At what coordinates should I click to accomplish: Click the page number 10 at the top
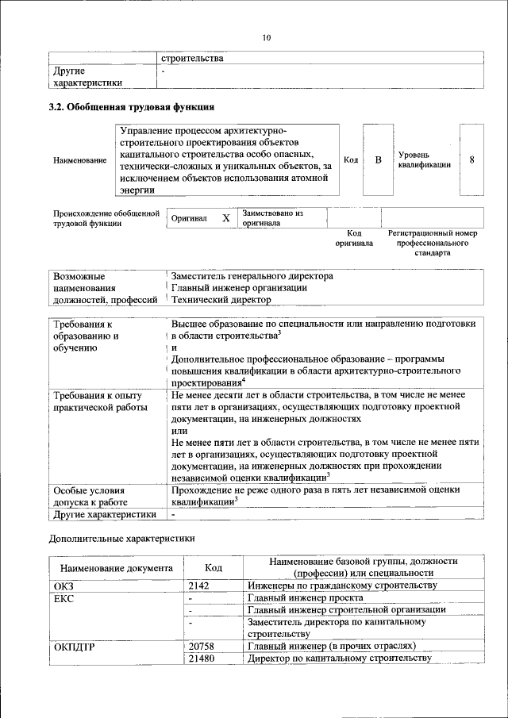(266, 37)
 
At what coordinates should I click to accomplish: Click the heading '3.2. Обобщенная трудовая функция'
(131, 106)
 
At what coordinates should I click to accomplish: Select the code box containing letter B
(378, 160)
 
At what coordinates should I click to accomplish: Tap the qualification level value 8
(472, 160)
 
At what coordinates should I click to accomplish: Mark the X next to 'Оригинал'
(225, 218)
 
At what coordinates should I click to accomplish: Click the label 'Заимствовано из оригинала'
(273, 218)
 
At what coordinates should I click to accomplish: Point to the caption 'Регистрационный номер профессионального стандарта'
(433, 243)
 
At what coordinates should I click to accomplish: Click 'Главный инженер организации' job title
(239, 288)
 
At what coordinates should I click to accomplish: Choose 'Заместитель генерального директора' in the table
(252, 276)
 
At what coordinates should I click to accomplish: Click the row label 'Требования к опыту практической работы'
(96, 401)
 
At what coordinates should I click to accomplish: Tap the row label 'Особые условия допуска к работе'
(90, 496)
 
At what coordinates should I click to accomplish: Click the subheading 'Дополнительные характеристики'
(121, 539)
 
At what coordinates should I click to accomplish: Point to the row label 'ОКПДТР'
(75, 647)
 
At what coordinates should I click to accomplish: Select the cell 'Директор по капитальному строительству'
(339, 658)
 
